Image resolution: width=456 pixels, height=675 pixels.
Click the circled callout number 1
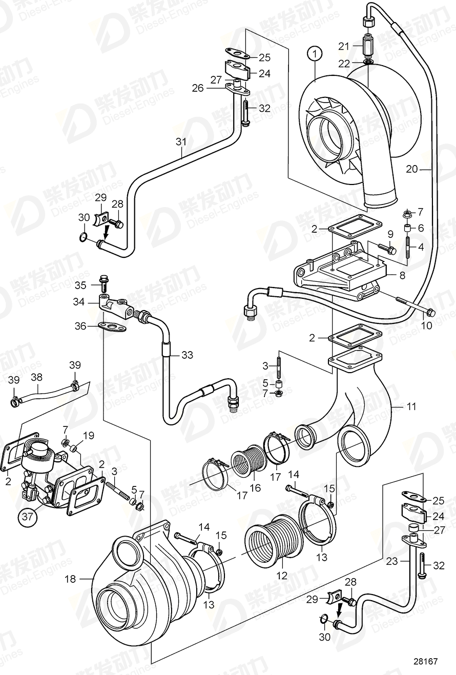point(316,53)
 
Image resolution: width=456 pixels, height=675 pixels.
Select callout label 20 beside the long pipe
point(412,169)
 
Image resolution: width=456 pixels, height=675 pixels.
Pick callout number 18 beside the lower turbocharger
point(70,579)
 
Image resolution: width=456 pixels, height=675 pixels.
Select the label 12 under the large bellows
point(282,576)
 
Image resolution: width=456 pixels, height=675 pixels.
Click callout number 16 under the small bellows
point(255,487)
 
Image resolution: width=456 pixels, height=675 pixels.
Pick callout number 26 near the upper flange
point(198,88)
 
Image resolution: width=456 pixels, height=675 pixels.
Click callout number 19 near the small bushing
point(89,436)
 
